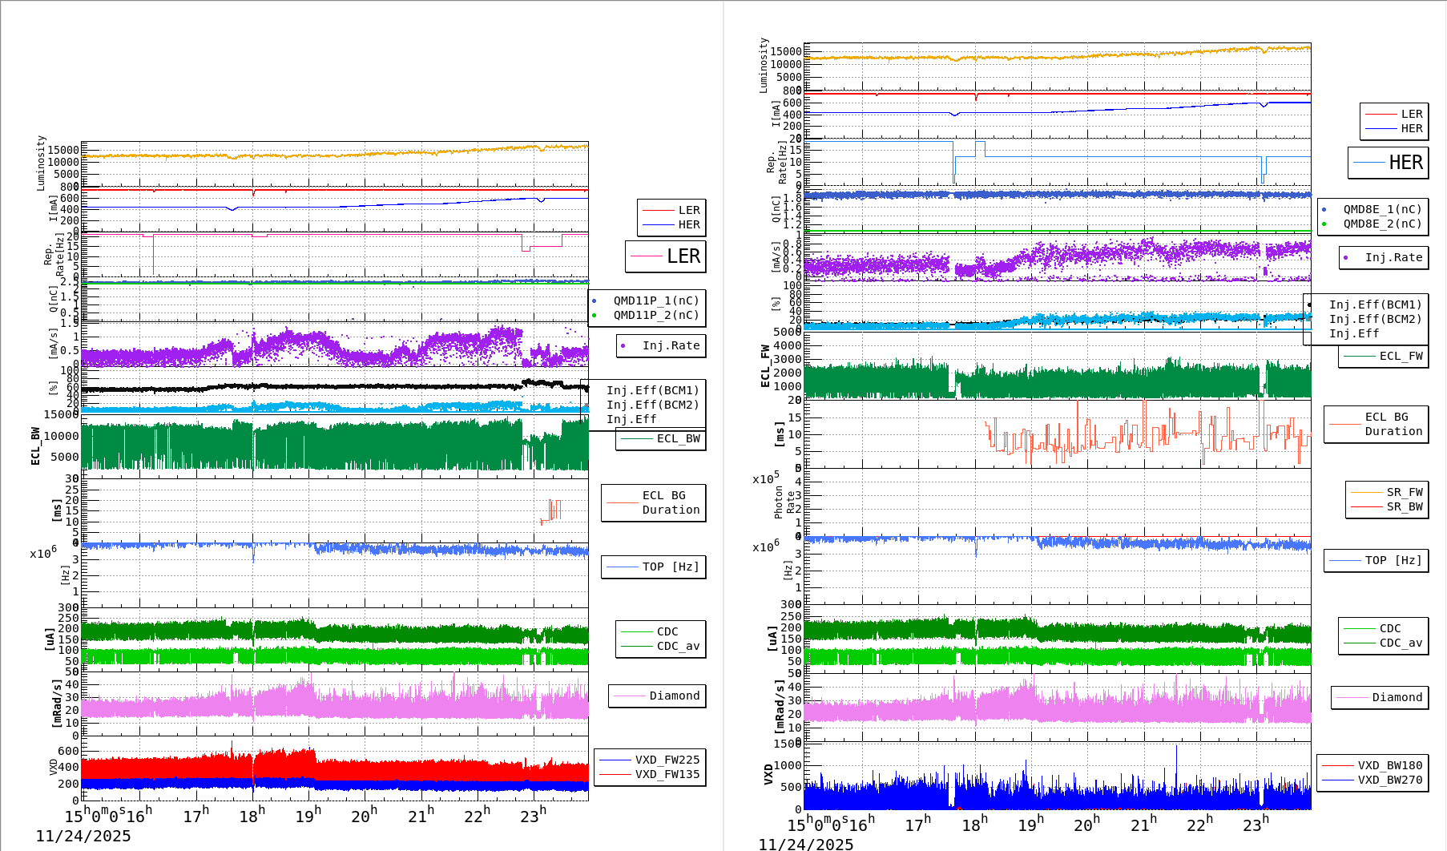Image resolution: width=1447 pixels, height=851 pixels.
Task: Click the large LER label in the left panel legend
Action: click(x=683, y=256)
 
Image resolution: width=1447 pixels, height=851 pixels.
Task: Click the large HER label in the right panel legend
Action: click(x=1405, y=163)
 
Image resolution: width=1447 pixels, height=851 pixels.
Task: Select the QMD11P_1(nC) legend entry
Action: click(x=655, y=300)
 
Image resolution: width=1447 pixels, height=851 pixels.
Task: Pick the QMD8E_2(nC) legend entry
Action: click(x=1382, y=224)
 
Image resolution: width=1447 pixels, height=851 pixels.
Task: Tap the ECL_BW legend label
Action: click(x=678, y=438)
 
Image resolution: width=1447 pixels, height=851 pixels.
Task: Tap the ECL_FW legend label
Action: click(x=1401, y=356)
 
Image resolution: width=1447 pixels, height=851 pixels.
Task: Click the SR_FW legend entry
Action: click(x=1405, y=492)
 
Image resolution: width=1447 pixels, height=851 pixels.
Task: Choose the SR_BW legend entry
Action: click(x=1405, y=506)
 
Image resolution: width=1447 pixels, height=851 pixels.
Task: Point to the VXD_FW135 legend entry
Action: click(x=667, y=774)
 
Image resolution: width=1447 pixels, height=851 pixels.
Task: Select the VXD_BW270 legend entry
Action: click(x=1389, y=780)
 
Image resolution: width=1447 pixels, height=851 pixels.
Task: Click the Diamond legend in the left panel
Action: click(x=674, y=696)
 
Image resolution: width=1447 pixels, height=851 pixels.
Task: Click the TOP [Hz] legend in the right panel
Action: click(x=1393, y=560)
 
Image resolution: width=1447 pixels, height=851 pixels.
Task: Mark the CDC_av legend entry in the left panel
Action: click(x=678, y=646)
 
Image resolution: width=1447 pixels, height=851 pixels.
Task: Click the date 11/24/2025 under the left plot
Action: click(x=83, y=836)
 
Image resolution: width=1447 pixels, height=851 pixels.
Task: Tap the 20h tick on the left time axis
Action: click(x=364, y=816)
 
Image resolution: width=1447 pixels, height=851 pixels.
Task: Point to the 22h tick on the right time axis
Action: click(x=1199, y=824)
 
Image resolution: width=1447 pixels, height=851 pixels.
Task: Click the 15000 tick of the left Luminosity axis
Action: click(x=63, y=150)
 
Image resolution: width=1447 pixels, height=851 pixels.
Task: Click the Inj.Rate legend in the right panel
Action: click(x=1393, y=257)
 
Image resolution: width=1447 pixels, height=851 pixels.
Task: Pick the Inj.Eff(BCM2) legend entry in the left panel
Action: click(x=652, y=405)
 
